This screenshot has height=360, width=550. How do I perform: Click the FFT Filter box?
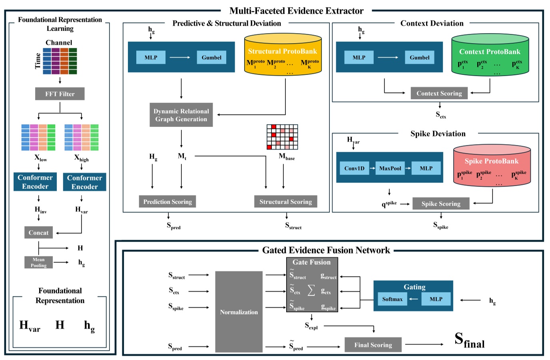point(60,94)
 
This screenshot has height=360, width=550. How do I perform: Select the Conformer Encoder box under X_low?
point(35,182)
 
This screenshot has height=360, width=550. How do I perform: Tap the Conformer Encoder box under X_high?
point(84,182)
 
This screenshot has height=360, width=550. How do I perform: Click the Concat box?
point(38,233)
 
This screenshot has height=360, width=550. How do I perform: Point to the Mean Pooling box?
point(38,263)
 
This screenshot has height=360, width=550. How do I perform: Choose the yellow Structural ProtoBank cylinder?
point(283,55)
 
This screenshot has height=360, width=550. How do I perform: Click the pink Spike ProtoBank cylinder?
point(492,166)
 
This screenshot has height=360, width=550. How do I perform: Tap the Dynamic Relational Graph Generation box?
point(181,115)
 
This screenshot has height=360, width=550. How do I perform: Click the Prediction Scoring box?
point(167,202)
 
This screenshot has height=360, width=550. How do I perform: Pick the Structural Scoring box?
point(285,202)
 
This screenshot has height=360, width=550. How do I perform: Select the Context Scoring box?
point(439,93)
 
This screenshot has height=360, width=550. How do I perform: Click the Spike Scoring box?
point(440,204)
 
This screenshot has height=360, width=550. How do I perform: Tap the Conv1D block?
point(354,168)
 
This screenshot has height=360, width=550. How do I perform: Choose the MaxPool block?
point(390,168)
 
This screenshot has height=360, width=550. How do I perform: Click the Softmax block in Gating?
point(392,299)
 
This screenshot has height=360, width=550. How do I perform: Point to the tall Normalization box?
point(239,312)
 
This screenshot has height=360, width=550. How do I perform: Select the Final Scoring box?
point(373,345)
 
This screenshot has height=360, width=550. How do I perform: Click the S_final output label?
point(469,340)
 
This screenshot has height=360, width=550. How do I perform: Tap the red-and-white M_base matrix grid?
point(282,137)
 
